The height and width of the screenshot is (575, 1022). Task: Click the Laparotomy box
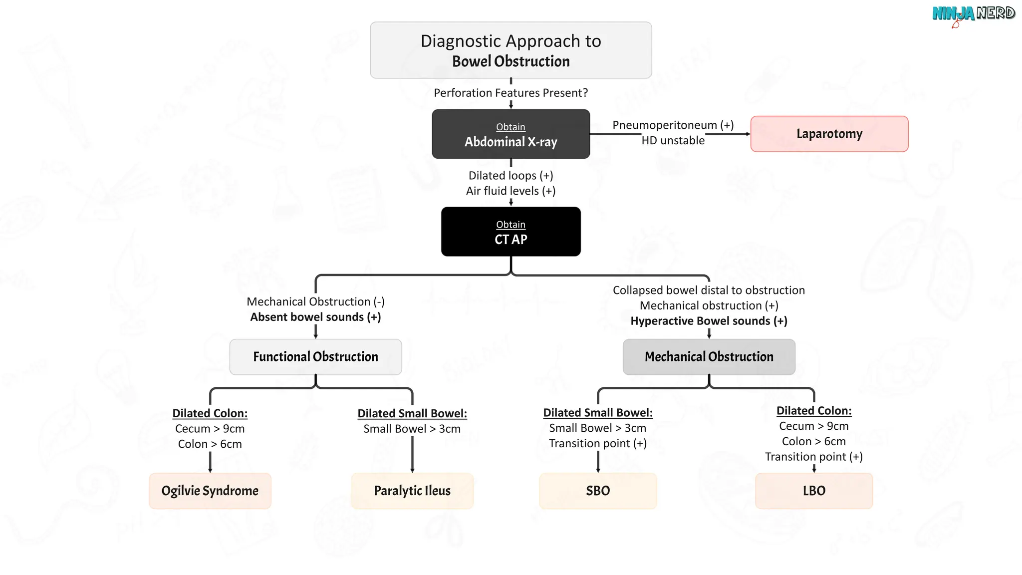(829, 134)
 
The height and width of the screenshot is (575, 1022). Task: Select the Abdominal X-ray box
(511, 134)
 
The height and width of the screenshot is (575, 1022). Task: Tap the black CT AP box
(511, 232)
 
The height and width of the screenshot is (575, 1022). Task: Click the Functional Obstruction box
(315, 357)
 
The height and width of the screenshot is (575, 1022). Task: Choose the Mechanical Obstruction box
(709, 357)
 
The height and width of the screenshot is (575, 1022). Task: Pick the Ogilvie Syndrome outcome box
(210, 491)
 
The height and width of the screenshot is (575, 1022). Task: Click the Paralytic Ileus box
(412, 491)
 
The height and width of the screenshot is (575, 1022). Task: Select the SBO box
(598, 491)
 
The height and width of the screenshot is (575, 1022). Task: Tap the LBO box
(814, 491)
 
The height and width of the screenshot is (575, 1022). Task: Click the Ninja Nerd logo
(973, 14)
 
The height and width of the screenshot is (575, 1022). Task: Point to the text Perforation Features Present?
(511, 93)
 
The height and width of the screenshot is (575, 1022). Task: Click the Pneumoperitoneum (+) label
(673, 125)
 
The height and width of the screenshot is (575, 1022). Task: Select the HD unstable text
(673, 140)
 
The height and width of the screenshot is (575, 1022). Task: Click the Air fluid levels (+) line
(511, 191)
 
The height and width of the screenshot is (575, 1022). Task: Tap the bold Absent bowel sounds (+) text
(315, 317)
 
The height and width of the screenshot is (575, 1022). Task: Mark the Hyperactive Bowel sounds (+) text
(709, 321)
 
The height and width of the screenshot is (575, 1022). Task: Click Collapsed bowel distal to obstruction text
(709, 290)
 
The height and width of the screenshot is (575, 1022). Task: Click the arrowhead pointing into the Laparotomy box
(748, 134)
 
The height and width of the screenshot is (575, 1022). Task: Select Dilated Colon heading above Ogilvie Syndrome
(210, 413)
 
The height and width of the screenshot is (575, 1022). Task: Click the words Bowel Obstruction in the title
(511, 61)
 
